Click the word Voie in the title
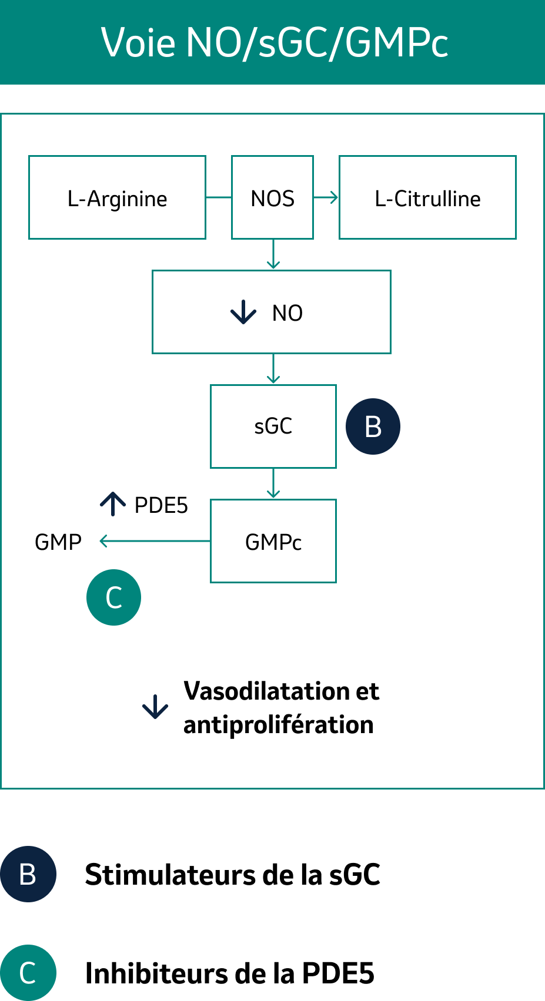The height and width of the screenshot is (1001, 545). tap(138, 43)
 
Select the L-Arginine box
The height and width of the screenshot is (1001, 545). tap(117, 198)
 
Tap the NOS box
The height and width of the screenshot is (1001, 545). tap(272, 198)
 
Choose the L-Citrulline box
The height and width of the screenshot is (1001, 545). tap(427, 198)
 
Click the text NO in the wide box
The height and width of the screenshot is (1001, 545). tap(287, 313)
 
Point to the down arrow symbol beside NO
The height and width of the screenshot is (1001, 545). tap(243, 312)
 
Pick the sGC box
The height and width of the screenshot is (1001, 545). tap(273, 426)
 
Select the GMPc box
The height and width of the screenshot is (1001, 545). tap(273, 542)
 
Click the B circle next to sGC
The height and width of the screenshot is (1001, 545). tap(373, 426)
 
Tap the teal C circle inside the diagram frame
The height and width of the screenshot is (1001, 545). tap(113, 597)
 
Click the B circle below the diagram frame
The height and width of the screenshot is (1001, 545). tap(28, 874)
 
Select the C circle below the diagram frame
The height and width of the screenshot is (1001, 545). tap(28, 973)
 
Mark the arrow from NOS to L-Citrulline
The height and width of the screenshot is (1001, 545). tap(326, 197)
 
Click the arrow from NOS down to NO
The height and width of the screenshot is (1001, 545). tap(273, 254)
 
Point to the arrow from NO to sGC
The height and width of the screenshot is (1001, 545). tap(273, 370)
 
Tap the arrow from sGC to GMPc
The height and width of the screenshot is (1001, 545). tap(273, 484)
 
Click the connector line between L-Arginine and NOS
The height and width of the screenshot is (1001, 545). tap(219, 197)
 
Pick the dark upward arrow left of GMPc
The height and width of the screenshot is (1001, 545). tap(113, 503)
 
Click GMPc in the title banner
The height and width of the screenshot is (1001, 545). tap(397, 43)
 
